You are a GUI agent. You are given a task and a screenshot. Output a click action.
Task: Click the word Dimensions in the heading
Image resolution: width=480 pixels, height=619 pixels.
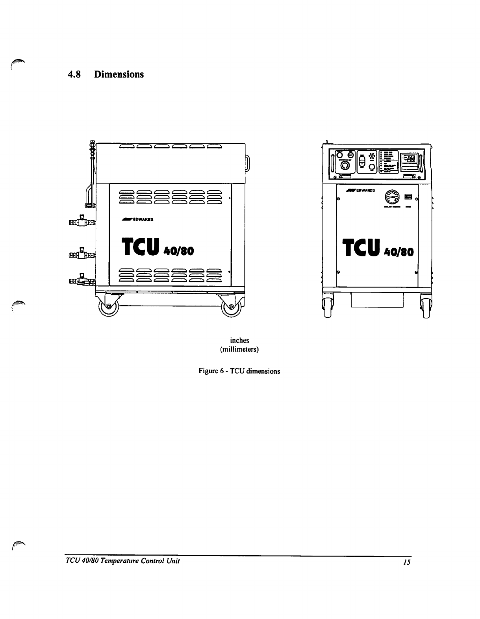119,74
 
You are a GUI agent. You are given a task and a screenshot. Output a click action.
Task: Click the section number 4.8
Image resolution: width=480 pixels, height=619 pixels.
74,74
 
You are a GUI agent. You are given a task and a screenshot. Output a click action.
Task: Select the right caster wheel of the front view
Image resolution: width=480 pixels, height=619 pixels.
425,306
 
